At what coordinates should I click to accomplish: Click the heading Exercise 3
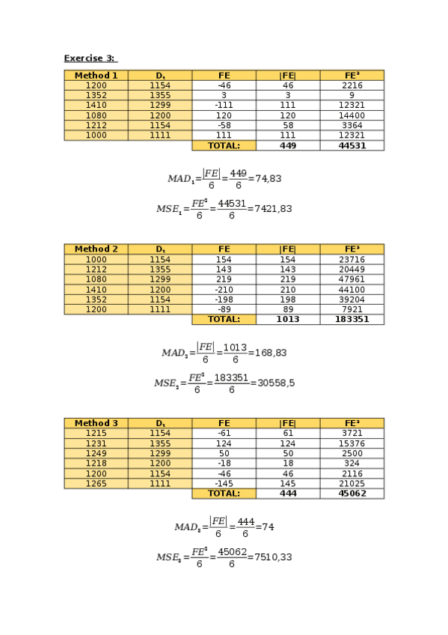pos(90,58)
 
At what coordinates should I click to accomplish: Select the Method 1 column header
pos(96,76)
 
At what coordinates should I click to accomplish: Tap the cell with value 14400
pos(352,116)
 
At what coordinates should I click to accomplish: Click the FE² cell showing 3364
pos(352,126)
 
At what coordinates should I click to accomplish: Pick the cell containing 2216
pos(352,86)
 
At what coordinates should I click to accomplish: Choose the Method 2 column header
pos(96,249)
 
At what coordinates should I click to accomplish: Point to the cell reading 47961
pos(352,279)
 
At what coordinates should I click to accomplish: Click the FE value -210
pos(224,290)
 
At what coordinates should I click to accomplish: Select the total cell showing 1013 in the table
pos(288,320)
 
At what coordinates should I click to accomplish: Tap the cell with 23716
pos(352,260)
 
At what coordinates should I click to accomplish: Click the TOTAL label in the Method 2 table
pos(224,320)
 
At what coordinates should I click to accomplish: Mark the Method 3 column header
pos(96,423)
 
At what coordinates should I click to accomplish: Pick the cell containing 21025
pos(352,484)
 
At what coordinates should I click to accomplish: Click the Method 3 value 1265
pos(96,484)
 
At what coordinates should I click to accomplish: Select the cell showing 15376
pos(352,443)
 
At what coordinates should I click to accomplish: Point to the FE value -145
pos(224,484)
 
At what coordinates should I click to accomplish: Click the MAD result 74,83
pos(269,179)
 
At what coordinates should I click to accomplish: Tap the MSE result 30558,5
pos(276,383)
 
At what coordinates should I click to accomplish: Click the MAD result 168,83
pos(271,353)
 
